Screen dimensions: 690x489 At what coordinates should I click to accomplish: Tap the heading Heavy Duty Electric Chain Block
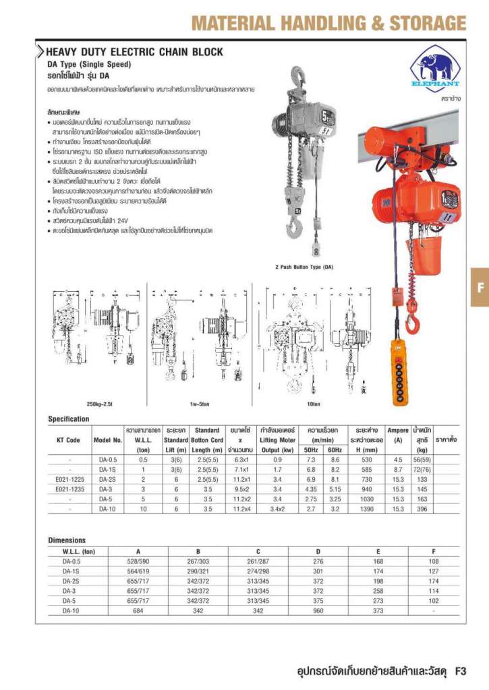(134, 52)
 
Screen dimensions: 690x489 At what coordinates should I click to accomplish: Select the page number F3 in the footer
(461, 671)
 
